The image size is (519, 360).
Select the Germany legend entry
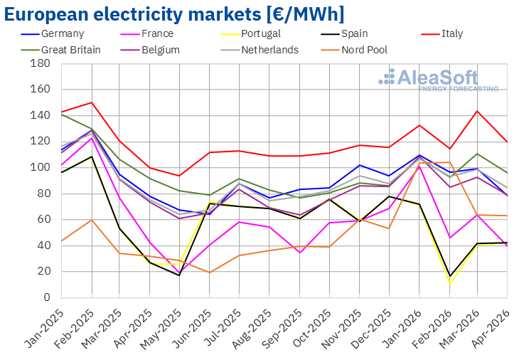click(53, 33)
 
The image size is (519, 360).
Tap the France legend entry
click(147, 33)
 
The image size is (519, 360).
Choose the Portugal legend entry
click(250, 33)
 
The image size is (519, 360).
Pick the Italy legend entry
click(442, 33)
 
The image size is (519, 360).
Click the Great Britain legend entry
click(60, 50)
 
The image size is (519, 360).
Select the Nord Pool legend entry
click(354, 50)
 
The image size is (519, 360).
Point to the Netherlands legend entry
click(259, 50)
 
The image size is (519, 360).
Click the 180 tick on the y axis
click(40, 63)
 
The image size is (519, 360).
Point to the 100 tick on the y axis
click(40, 167)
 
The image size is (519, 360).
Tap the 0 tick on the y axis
click(47, 297)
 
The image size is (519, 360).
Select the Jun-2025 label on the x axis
click(193, 328)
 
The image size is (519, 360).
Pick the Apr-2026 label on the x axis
click(491, 328)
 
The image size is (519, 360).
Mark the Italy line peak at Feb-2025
click(92, 102)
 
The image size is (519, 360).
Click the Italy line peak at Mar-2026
click(477, 111)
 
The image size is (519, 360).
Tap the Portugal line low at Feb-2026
click(450, 284)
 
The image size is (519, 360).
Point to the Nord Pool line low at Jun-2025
click(209, 272)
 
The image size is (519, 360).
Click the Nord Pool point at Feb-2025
click(92, 220)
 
